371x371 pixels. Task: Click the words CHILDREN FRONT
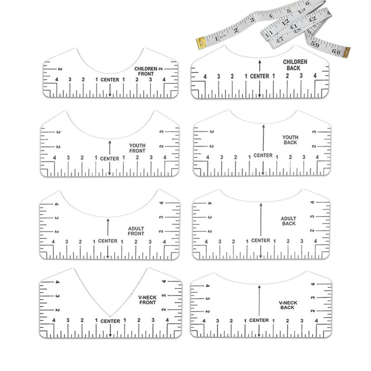[146, 71]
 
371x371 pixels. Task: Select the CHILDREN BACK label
[295, 64]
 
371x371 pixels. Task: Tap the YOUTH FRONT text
[137, 148]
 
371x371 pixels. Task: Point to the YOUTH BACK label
[290, 140]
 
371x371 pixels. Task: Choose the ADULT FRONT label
[136, 231]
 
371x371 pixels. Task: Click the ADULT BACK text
[288, 221]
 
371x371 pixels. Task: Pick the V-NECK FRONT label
[147, 300]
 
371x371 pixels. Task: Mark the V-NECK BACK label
[288, 305]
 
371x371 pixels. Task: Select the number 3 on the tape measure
[252, 20]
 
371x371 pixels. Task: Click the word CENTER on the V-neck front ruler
[110, 321]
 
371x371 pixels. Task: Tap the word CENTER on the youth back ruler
[263, 155]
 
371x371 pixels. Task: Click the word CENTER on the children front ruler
[109, 79]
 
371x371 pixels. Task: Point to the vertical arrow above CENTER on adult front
[108, 227]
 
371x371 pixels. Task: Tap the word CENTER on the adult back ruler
[261, 240]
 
